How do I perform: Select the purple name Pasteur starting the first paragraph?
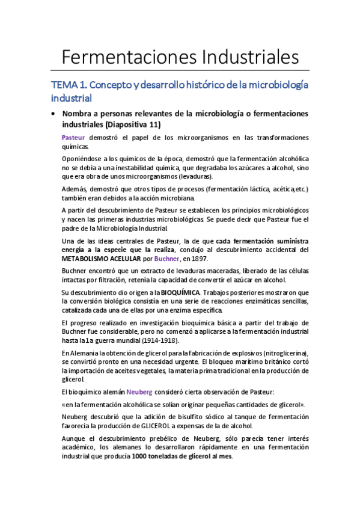coord(73,138)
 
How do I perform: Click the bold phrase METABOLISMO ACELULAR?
coord(106,259)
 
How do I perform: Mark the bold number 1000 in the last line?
coord(144,456)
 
